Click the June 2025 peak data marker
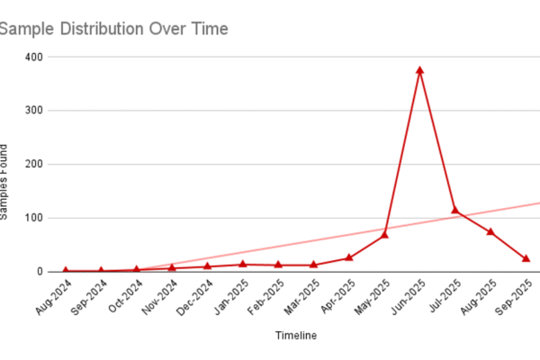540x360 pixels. (x=419, y=70)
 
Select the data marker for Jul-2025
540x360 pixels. (x=455, y=211)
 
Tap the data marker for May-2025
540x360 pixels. (x=384, y=234)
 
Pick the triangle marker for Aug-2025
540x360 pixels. (x=490, y=231)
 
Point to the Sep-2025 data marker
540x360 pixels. (x=526, y=258)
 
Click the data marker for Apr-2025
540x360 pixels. (x=349, y=257)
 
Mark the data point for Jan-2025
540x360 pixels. (x=242, y=264)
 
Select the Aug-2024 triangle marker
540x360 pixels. (x=65, y=270)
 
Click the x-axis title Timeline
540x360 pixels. (x=295, y=335)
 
